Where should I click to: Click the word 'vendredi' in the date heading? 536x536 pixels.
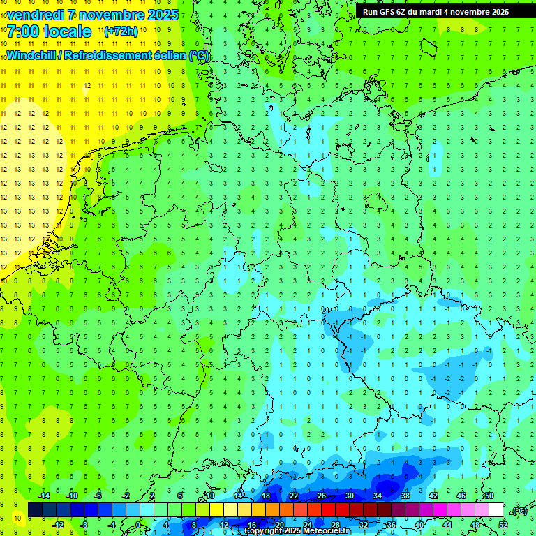[x=35, y=15]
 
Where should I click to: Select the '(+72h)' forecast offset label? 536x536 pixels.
[x=121, y=31]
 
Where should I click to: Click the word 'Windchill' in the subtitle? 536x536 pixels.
[x=33, y=55]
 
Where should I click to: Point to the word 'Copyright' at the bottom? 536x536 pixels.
[x=265, y=531]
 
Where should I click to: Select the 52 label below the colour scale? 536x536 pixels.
[x=502, y=524]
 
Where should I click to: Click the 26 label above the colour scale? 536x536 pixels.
[x=322, y=496]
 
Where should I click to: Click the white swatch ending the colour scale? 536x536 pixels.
[x=496, y=509]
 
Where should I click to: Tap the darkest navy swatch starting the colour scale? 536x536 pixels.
[x=35, y=509]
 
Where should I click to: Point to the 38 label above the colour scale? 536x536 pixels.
[x=405, y=496]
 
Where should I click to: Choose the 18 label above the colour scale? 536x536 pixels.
[x=266, y=496]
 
